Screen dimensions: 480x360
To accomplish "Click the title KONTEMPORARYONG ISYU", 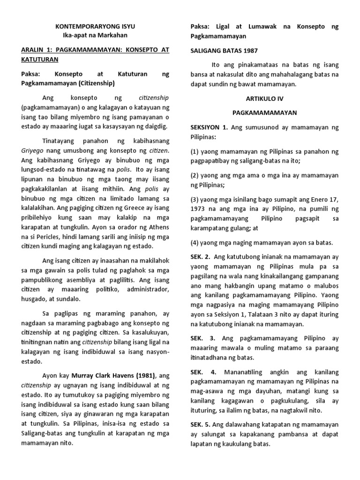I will click(95, 27).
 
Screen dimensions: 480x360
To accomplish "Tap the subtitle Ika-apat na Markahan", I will click(95, 35).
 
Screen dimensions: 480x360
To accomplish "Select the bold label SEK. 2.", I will click(199, 256).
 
